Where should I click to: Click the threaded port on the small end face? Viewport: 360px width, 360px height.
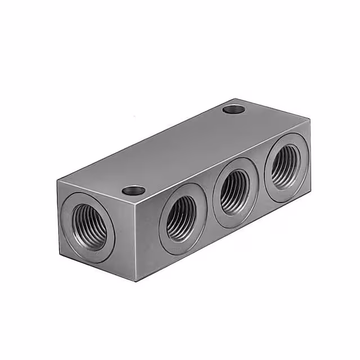tap(88, 227)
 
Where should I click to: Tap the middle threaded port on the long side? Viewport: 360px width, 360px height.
tap(235, 191)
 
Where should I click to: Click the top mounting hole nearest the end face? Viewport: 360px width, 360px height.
tap(134, 191)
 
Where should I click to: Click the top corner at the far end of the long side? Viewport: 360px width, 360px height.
tap(310, 119)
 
